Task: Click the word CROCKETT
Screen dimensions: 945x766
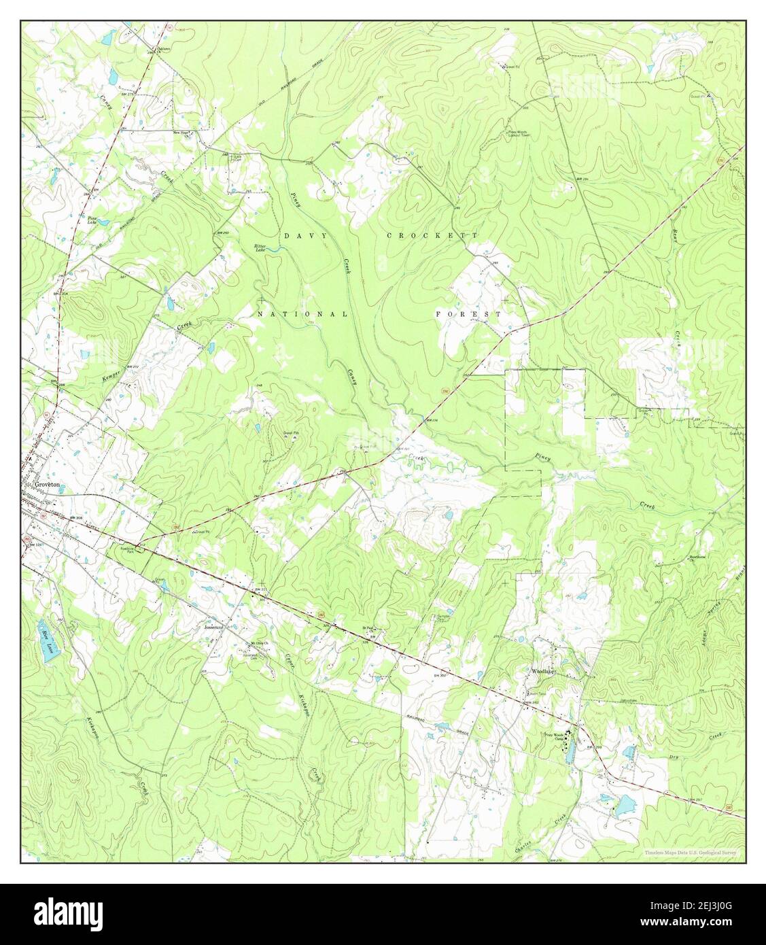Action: coord(433,235)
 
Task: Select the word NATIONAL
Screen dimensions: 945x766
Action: coord(302,315)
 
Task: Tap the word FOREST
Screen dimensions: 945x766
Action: coord(468,315)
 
